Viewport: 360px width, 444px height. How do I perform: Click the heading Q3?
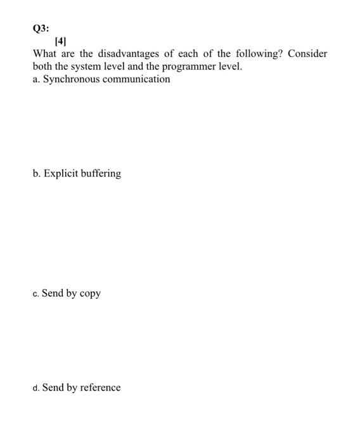tap(41, 29)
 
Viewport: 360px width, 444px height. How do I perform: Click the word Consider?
tap(308, 54)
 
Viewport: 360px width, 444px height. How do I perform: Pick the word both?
tap(43, 67)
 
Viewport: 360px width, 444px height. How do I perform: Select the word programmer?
tap(192, 67)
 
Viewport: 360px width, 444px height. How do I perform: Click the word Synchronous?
tap(72, 79)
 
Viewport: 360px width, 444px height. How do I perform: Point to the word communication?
tap(137, 79)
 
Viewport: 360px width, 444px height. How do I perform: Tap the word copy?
tap(89, 294)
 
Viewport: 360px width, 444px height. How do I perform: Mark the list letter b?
tap(36, 173)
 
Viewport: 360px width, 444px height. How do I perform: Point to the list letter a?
tap(36, 79)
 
